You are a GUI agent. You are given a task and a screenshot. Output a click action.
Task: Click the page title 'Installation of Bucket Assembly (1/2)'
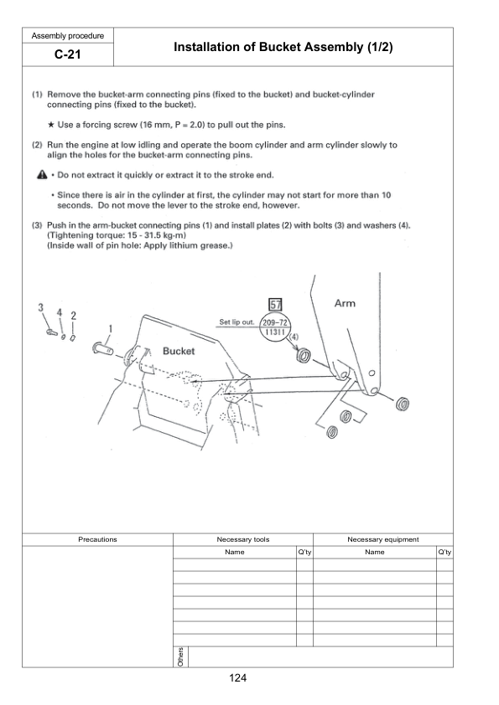[283, 49]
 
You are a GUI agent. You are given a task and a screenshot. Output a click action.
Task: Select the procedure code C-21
[67, 56]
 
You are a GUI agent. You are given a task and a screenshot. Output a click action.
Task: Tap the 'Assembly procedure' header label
[67, 35]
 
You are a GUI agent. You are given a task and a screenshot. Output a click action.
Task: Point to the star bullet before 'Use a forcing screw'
[51, 126]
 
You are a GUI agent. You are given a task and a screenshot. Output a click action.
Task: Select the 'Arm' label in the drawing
[345, 303]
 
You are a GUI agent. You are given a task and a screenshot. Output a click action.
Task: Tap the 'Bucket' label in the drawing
[178, 352]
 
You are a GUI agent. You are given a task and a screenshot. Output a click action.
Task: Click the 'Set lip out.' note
[237, 322]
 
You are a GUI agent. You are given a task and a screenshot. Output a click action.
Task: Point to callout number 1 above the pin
[109, 327]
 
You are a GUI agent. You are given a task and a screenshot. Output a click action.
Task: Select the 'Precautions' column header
[97, 539]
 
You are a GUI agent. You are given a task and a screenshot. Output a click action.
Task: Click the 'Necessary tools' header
[242, 539]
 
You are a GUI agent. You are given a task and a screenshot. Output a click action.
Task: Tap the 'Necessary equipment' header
[382, 539]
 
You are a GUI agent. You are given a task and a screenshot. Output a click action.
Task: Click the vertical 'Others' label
[180, 657]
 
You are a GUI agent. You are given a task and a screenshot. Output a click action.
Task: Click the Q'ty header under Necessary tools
[304, 552]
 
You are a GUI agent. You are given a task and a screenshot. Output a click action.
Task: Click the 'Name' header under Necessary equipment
[374, 552]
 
